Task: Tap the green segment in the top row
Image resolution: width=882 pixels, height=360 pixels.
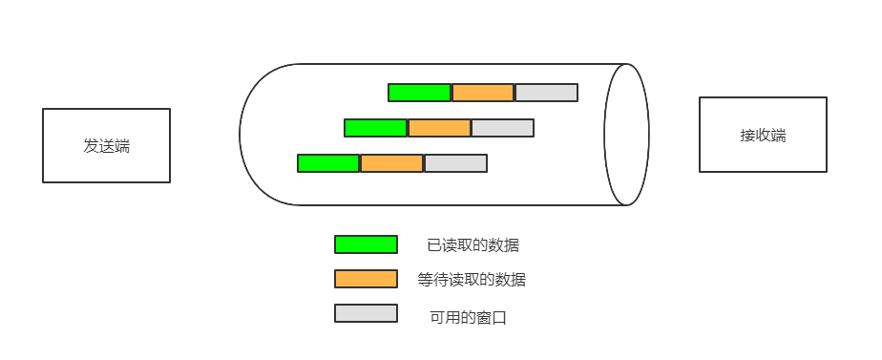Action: (x=419, y=93)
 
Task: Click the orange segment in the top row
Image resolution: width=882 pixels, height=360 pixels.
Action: (x=483, y=93)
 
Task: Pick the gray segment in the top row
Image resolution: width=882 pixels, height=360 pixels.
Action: (x=547, y=93)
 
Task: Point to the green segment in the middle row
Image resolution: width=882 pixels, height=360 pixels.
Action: (x=375, y=128)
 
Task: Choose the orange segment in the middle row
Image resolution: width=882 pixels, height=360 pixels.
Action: (x=439, y=128)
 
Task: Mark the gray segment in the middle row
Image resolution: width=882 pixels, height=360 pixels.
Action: (x=503, y=128)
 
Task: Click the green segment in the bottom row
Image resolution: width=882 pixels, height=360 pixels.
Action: (x=328, y=163)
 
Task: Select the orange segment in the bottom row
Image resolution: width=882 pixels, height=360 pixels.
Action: (x=392, y=163)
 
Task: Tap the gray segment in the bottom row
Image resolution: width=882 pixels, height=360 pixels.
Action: (x=456, y=163)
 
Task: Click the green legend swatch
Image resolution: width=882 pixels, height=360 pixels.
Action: (x=366, y=244)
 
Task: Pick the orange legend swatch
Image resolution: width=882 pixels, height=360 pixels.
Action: (x=366, y=279)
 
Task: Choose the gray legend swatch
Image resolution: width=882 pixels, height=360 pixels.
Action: (x=366, y=313)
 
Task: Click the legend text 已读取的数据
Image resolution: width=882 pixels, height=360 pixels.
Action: (x=473, y=245)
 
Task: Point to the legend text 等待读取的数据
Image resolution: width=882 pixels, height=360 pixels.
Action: (x=472, y=280)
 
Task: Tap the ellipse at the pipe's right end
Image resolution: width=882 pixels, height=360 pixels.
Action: (x=626, y=135)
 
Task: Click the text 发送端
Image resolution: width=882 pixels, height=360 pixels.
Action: (x=106, y=146)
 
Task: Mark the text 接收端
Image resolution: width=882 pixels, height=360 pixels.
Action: (x=763, y=136)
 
